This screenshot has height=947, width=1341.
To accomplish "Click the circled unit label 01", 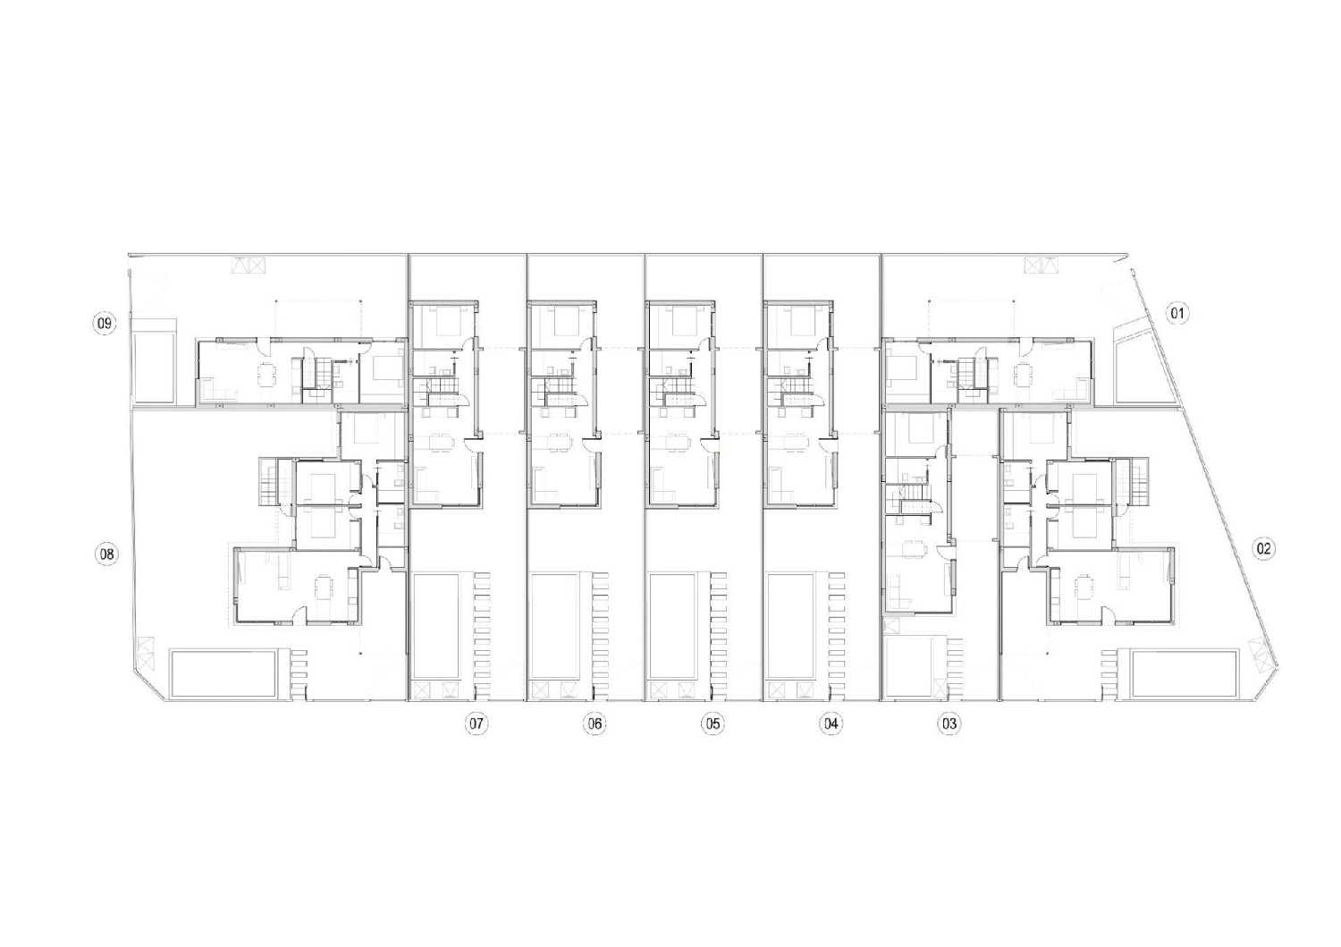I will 1177,313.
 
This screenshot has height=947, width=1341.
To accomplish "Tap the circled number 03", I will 949,723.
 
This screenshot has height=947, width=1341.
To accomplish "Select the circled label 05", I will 712,723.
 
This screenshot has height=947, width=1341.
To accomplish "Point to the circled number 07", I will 476,723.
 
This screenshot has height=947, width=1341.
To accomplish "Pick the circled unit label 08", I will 106,555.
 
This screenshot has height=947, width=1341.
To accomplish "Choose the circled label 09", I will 105,323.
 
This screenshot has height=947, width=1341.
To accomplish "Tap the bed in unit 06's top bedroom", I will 563,318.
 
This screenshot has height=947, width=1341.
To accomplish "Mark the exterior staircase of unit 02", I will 1138,479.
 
